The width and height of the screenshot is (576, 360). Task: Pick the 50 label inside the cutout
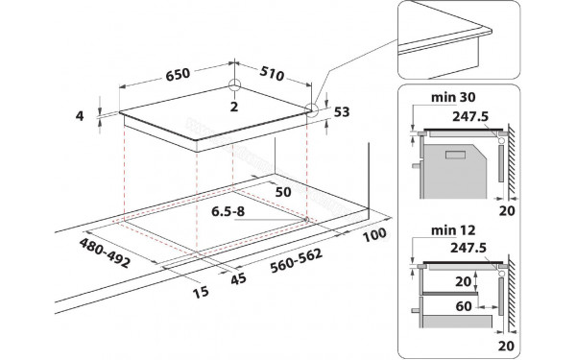pyautogui.click(x=283, y=192)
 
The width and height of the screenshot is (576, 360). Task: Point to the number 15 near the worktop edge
pyautogui.click(x=201, y=292)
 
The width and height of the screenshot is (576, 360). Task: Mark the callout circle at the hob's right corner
pyautogui.click(x=312, y=110)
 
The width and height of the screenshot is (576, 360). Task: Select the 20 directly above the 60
pyautogui.click(x=463, y=282)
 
